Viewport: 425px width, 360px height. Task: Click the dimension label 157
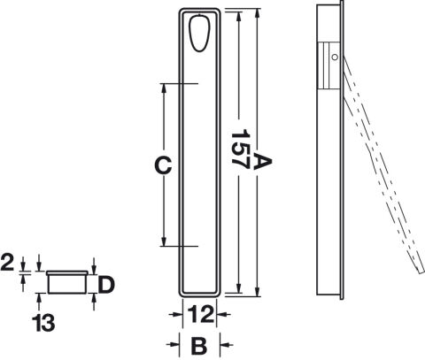click(x=240, y=149)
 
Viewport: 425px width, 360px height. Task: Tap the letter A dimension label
click(x=261, y=161)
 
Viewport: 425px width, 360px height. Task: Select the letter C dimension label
click(x=163, y=165)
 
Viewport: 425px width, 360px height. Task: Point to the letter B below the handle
click(x=199, y=346)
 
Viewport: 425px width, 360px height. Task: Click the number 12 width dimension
click(x=200, y=315)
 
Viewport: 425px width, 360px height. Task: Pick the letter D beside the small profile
click(x=106, y=285)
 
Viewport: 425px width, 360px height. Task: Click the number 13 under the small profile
click(x=43, y=323)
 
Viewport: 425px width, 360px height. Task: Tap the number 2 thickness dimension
click(x=7, y=263)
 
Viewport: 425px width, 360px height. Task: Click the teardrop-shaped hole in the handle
click(x=200, y=34)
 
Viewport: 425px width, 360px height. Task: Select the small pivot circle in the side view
click(x=335, y=57)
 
